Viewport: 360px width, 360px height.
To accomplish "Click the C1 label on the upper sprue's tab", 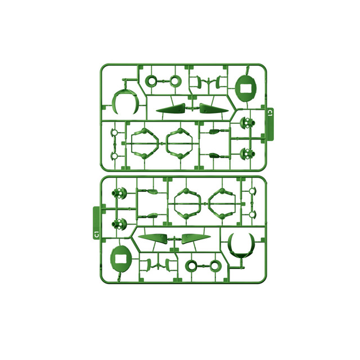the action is (270, 112).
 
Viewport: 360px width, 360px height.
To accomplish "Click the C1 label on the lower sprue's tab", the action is (97, 235).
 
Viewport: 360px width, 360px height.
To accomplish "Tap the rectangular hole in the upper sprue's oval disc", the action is (246, 88).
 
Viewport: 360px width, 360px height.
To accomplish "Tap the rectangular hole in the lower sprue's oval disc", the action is (121, 259).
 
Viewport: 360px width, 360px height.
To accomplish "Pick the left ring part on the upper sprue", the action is (151, 81).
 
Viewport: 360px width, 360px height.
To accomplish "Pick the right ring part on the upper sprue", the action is (175, 81).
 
